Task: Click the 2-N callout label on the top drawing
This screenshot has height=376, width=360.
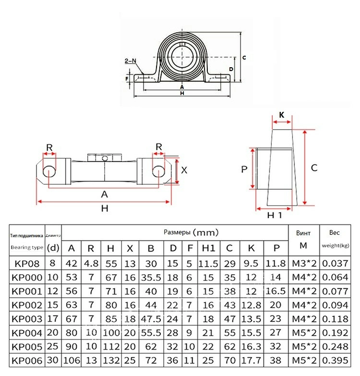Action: point(130,61)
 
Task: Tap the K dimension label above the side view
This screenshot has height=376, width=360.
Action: point(282,115)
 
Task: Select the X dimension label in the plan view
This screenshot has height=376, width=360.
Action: point(183,170)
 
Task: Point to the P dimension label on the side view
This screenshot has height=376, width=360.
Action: point(244,169)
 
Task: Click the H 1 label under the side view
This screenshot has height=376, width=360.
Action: point(274,216)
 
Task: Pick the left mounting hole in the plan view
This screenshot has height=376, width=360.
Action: point(49,171)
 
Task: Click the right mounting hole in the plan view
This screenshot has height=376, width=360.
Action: point(159,171)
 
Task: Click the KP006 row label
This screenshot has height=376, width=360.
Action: point(27,361)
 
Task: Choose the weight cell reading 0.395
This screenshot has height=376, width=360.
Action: point(335,361)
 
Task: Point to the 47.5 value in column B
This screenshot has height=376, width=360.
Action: point(151,319)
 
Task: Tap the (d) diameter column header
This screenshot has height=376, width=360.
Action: point(54,248)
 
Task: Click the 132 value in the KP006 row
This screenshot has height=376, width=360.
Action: point(110,361)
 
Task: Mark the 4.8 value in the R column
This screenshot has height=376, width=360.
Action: point(91,263)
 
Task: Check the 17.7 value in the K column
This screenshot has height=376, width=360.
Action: point(251,361)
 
